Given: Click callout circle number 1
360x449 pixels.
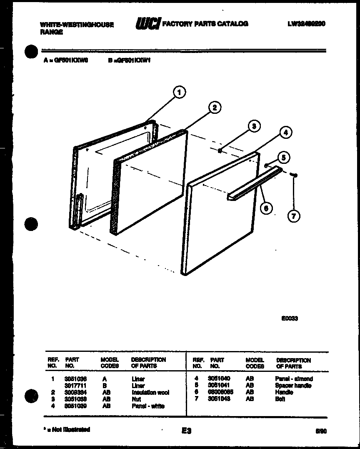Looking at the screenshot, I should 179,93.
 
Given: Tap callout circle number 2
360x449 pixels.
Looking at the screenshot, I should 214,108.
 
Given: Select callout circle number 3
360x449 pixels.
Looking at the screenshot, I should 254,126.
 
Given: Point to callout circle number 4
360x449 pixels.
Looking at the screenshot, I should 285,133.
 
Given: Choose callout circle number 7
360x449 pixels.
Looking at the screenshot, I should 294,216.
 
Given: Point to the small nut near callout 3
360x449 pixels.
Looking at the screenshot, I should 220,151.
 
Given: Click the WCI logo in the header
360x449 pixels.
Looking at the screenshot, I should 148,24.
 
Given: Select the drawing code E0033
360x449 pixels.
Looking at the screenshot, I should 289,318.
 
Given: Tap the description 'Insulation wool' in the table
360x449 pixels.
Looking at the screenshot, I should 150,392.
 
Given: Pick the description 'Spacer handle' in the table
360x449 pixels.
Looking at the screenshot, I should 293,386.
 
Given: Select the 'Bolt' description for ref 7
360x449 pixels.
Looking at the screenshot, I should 280,399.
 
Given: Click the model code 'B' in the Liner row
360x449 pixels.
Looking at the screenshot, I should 105,386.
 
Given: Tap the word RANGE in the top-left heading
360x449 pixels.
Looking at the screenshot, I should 51,32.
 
